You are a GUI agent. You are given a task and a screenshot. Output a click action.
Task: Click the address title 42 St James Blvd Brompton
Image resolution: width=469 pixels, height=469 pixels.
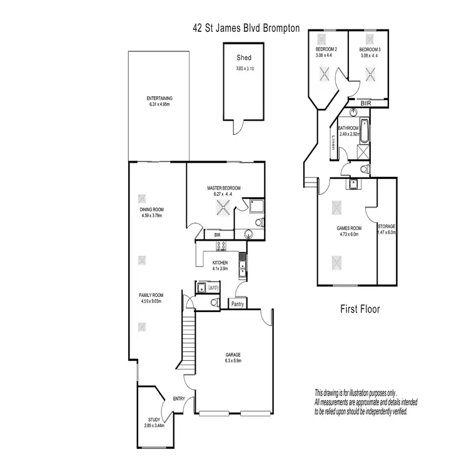[246, 28]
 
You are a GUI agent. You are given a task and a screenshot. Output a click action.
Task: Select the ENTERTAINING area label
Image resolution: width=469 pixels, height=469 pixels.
[159, 98]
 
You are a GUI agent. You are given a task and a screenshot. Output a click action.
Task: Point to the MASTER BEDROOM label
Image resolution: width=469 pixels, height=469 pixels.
[224, 188]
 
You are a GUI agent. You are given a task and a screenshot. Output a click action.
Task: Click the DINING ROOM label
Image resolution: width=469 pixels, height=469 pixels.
[151, 209]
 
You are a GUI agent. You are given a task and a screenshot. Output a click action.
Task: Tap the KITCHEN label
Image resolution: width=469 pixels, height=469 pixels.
[219, 262]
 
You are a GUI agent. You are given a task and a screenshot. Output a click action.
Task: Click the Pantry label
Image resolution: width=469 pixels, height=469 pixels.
[237, 304]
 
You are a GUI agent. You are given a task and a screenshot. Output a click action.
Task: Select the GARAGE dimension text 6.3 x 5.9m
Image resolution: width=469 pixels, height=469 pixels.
[233, 361]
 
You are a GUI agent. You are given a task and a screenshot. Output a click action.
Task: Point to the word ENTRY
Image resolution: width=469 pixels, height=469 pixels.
[179, 398]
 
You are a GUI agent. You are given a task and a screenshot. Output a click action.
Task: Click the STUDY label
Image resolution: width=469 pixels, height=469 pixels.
[154, 420]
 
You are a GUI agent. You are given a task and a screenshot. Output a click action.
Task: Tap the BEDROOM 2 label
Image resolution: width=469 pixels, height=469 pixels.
[326, 49]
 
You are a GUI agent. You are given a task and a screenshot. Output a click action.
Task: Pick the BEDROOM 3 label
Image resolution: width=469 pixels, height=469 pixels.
[370, 49]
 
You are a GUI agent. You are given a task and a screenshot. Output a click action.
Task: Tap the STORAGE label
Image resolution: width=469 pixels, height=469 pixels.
[387, 226]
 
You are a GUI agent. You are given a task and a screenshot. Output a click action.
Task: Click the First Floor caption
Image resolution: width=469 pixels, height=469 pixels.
[360, 308]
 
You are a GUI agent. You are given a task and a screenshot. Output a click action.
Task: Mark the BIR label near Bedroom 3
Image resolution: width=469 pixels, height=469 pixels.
[366, 102]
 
